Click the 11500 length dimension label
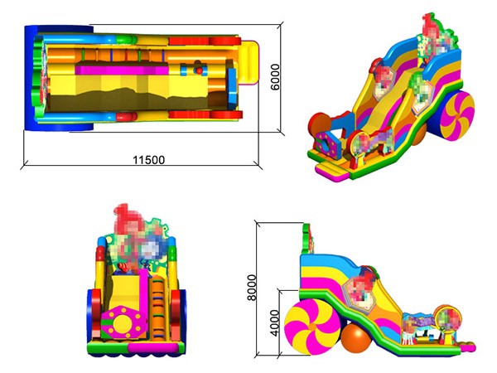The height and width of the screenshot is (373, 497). tap(148, 160)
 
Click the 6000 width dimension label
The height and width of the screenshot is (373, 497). tap(275, 77)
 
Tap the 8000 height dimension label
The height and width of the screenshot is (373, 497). tap(252, 288)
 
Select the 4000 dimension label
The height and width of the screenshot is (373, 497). tap(274, 323)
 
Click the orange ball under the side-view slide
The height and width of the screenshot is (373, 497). tap(356, 338)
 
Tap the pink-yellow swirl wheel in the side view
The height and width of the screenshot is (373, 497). tap(312, 327)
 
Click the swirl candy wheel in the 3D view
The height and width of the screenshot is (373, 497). tap(457, 114)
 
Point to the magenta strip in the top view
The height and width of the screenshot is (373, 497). tap(122, 70)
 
